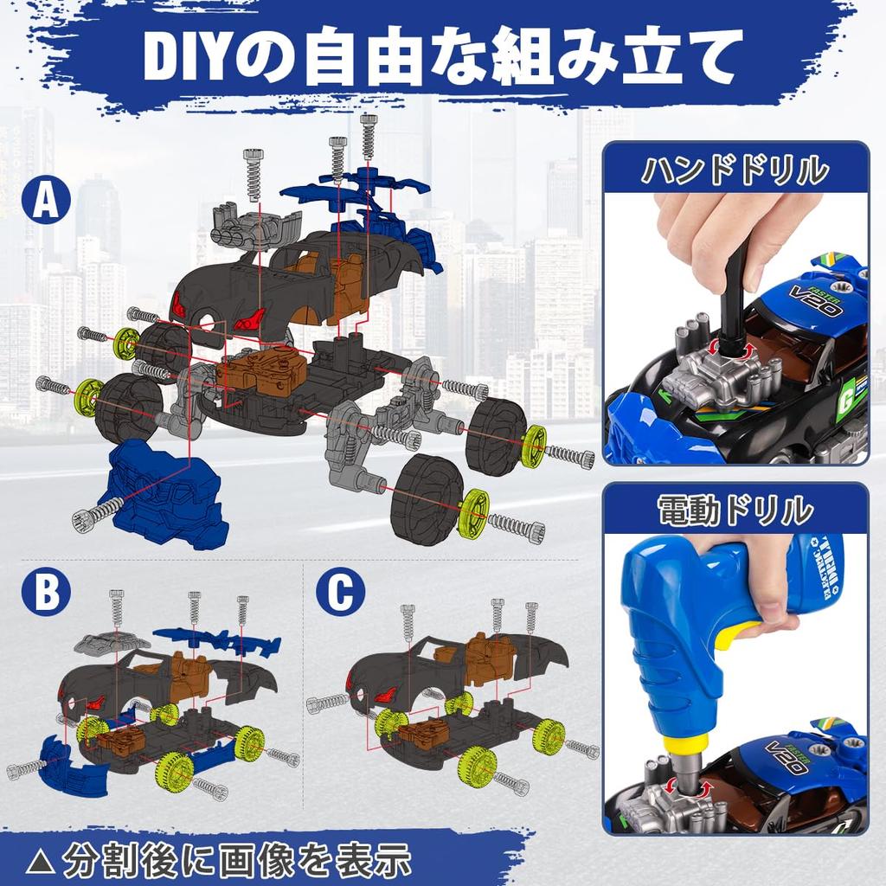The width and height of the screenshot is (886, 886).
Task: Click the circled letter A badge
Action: pos(47,202)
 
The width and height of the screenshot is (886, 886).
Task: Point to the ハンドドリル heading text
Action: pos(735,170)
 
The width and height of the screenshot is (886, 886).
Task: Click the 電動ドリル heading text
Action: pos(735,510)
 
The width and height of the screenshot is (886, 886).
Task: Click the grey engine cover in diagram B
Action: pos(112,642)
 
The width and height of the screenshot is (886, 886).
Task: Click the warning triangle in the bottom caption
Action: pos(41,861)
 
